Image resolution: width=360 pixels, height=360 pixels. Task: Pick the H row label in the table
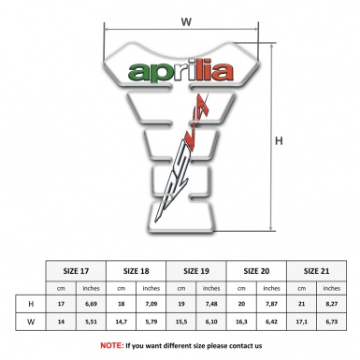coord(32,304)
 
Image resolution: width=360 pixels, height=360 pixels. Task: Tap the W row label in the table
coord(32,323)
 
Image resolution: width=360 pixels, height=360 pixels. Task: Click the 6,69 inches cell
coord(92,304)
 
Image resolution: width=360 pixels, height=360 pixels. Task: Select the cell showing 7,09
coord(151,304)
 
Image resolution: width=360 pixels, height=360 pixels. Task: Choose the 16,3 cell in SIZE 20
coord(241,323)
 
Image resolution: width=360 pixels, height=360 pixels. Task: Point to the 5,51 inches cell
coord(92,323)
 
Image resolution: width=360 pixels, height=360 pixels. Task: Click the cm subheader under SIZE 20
coord(241,287)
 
